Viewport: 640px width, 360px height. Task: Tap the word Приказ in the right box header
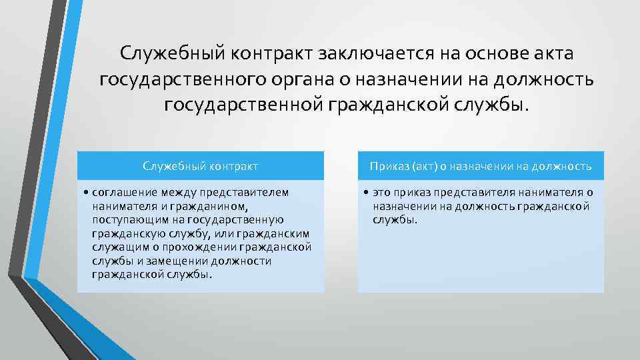click(389, 166)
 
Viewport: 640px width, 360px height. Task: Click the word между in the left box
click(175, 193)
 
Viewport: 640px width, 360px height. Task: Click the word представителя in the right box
click(463, 193)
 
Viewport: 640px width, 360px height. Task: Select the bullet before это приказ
click(367, 193)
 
